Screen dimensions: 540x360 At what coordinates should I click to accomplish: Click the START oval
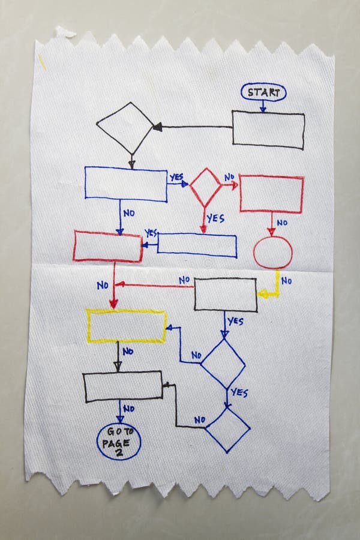click(263, 92)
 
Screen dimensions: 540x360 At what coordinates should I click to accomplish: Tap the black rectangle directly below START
click(268, 130)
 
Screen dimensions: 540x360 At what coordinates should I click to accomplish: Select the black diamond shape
click(125, 128)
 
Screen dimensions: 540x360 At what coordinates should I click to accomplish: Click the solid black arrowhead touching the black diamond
click(157, 127)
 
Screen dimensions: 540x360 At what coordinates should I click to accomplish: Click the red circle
click(272, 251)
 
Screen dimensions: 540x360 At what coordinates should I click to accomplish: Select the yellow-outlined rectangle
click(127, 326)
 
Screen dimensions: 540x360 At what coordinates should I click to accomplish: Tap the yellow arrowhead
click(262, 294)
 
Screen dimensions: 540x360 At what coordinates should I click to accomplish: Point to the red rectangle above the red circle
click(272, 194)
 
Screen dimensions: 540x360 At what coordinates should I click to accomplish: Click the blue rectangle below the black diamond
click(125, 184)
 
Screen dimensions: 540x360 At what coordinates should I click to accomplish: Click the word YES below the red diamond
click(215, 218)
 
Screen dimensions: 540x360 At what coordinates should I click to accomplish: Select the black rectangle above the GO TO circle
click(123, 386)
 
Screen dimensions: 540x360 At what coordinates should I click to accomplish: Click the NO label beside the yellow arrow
click(287, 280)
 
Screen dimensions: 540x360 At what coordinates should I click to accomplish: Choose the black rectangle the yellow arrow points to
click(225, 294)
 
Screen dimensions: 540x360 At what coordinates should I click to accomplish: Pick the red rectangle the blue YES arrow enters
click(108, 246)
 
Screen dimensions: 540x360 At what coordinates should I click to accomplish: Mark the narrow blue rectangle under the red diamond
click(197, 245)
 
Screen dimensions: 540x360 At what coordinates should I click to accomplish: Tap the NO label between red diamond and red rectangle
click(229, 178)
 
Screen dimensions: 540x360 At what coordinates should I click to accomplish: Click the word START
click(263, 92)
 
